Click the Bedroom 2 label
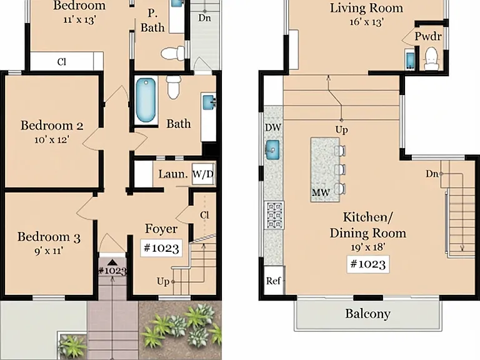pos(52,126)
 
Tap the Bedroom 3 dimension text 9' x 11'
pos(49,251)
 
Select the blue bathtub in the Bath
pos(146,100)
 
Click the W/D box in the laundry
pos(203,174)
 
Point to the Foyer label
pos(161,229)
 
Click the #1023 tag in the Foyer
pos(161,247)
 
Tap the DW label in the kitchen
pos(272,127)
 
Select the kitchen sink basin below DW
pos(272,150)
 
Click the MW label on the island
pos(321,192)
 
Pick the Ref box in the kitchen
pos(274,281)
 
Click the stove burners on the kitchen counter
pos(274,215)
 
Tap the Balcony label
pos(367,314)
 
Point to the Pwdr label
pos(428,36)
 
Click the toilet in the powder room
pos(431,59)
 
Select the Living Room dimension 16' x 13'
pos(367,22)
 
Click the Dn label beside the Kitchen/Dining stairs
pos(432,174)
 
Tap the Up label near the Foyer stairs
pos(163,281)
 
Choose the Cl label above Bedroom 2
pos(61,62)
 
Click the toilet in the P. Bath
pos(172,53)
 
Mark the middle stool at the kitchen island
pos(340,169)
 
